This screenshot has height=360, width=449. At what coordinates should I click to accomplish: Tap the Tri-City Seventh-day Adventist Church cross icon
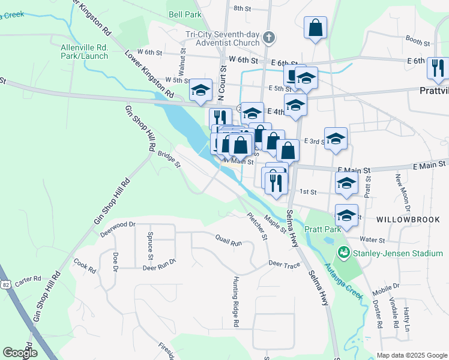269,37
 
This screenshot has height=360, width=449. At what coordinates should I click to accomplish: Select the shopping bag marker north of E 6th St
315,28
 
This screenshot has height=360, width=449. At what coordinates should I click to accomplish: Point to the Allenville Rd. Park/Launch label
84,52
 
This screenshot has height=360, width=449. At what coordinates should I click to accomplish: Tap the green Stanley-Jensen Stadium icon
344,253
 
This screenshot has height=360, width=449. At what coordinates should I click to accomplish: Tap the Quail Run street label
229,240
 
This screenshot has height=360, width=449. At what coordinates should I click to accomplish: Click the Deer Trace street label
284,264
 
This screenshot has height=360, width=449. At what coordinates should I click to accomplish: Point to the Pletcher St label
257,226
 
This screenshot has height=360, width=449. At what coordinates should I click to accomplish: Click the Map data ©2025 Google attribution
412,355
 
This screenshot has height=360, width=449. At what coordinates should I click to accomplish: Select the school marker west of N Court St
200,90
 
